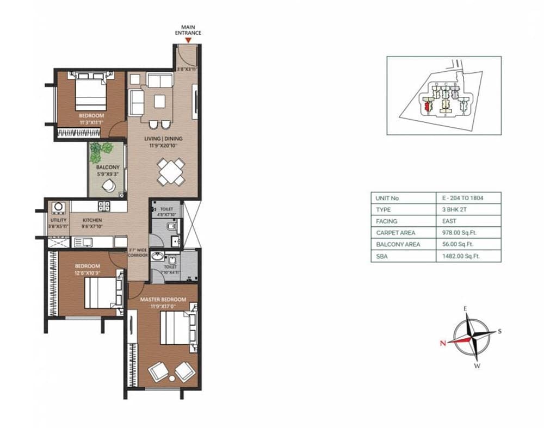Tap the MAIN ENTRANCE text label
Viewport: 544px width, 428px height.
188,29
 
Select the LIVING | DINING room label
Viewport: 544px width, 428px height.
163,139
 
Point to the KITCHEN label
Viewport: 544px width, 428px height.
92,220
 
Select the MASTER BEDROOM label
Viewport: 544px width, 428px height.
163,300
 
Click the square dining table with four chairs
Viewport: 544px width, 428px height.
170,172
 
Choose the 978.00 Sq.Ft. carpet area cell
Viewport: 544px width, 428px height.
456,233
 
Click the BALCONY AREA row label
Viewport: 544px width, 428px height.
398,245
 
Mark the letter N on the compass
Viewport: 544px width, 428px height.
443,343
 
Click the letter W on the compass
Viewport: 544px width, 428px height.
477,365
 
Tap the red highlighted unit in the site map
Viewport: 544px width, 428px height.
427,105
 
